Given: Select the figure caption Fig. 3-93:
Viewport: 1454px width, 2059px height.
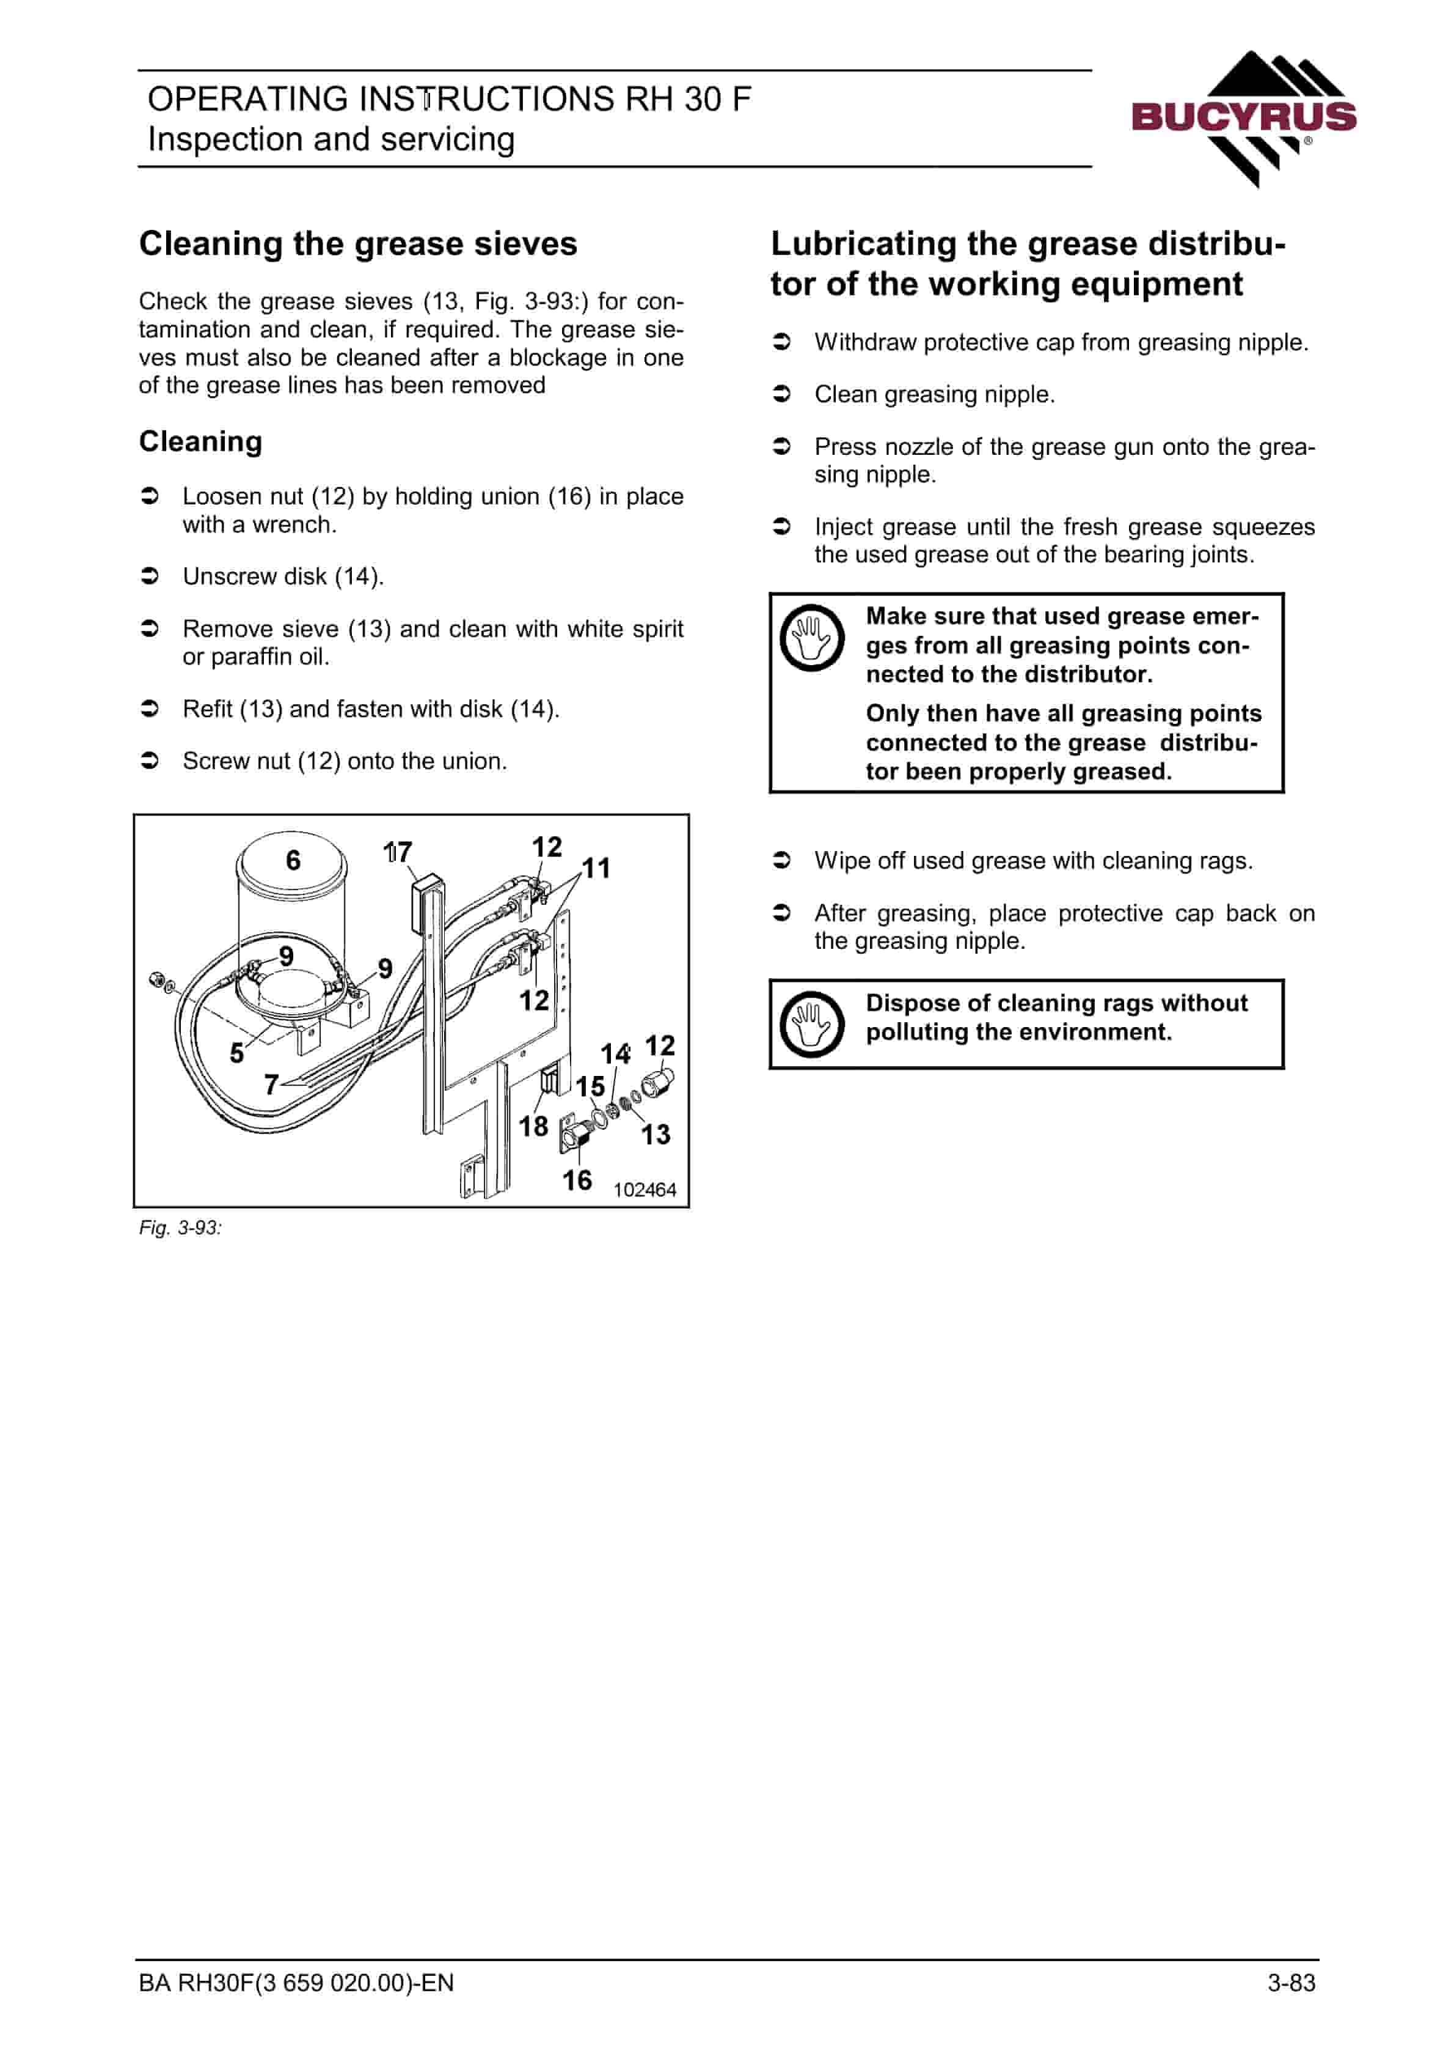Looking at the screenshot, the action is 180,1228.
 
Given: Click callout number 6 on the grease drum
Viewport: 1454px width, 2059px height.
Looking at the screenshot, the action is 293,860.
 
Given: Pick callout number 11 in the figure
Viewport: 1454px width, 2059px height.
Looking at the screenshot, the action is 596,868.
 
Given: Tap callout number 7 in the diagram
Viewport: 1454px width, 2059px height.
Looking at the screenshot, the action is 271,1085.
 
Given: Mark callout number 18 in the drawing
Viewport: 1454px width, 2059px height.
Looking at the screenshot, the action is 533,1125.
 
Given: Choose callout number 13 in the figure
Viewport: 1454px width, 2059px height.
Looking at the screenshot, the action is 656,1135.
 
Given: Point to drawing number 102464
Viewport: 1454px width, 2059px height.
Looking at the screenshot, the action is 645,1190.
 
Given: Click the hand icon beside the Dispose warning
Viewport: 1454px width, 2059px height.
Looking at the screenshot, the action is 811,1023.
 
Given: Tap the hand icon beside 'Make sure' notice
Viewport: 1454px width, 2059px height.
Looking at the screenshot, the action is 811,638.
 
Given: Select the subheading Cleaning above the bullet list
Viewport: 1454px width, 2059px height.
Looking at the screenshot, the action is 201,442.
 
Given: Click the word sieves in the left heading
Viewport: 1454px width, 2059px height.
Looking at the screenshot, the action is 526,244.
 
